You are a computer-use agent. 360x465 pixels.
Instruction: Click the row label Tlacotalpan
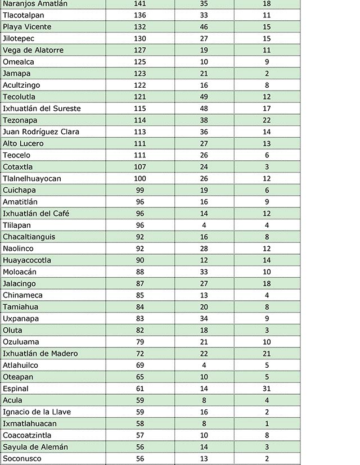[x=23, y=15]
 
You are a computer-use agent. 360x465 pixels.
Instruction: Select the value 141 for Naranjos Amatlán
[x=140, y=3]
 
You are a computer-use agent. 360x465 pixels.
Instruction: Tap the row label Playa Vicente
[x=27, y=27]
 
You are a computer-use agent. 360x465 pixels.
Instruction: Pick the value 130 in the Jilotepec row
[x=140, y=38]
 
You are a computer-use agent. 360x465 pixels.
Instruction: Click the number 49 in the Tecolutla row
[x=204, y=97]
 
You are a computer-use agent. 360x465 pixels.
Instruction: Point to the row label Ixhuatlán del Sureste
[x=42, y=109]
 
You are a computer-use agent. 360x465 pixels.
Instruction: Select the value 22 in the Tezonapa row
[x=267, y=120]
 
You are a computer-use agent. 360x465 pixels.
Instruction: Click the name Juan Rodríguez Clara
[x=41, y=132]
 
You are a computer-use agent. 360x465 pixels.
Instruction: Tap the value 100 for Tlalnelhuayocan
[x=140, y=178]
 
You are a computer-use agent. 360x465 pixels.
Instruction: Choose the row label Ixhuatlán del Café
[x=36, y=214]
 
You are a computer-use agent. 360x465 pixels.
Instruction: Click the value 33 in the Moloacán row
[x=204, y=272]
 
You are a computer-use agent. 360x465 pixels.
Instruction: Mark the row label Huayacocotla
[x=27, y=260]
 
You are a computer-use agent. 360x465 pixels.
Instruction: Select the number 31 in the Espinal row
[x=267, y=389]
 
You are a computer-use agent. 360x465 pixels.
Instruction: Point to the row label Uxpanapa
[x=20, y=319]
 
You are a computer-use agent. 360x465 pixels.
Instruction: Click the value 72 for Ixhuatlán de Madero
[x=140, y=354]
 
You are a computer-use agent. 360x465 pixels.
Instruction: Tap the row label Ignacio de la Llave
[x=37, y=412]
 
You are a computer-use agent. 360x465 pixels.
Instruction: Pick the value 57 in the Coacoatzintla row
[x=140, y=435]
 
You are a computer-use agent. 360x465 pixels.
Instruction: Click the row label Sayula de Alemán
[x=35, y=447]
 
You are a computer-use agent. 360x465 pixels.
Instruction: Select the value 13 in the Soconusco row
[x=204, y=459]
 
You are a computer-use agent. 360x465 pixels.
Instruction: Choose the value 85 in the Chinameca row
[x=140, y=295]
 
